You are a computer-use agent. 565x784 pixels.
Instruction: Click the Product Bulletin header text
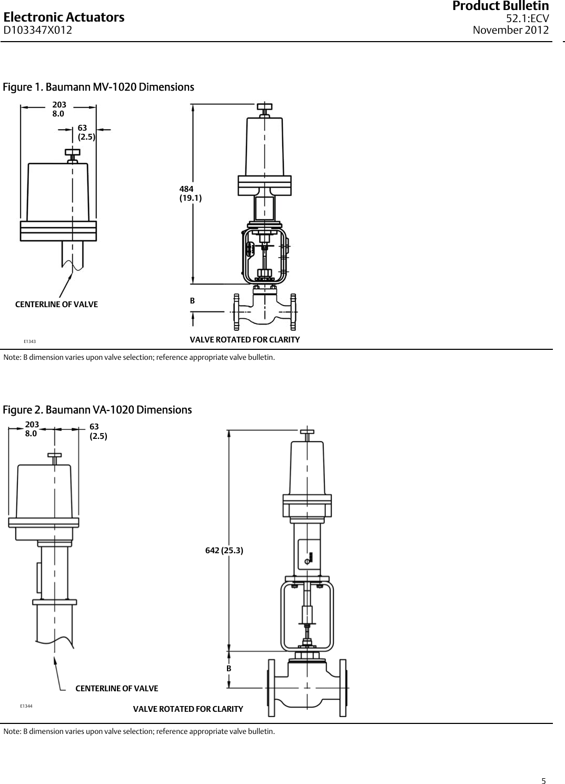(x=500, y=6)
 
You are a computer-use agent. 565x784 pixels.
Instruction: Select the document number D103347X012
(x=38, y=30)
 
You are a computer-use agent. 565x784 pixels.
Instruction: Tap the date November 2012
(x=510, y=30)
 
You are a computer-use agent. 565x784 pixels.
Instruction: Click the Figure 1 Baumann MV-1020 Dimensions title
(x=98, y=87)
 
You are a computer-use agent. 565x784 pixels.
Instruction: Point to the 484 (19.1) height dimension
(x=190, y=193)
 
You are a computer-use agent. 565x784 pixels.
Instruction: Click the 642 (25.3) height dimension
(x=224, y=551)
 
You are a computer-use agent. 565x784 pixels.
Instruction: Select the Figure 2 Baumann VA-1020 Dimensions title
(x=97, y=410)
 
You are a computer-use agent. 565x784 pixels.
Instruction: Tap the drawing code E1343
(x=29, y=341)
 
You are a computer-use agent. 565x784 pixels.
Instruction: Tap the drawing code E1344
(x=26, y=705)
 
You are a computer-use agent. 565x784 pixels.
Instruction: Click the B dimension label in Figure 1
(x=192, y=301)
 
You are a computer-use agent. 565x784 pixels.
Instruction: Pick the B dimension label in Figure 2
(x=229, y=668)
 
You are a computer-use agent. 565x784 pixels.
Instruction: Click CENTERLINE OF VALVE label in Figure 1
(x=56, y=305)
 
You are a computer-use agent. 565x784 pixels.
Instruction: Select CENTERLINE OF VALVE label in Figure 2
(x=116, y=689)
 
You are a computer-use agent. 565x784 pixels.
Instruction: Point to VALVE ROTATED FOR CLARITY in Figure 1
(x=244, y=339)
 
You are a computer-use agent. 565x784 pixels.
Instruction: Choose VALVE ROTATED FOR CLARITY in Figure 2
(x=188, y=709)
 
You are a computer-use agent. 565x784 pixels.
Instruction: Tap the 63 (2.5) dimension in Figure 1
(x=86, y=132)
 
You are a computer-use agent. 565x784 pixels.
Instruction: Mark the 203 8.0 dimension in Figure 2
(x=32, y=429)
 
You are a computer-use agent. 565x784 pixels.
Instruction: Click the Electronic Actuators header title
(x=64, y=17)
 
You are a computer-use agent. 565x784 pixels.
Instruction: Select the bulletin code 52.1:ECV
(x=527, y=19)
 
